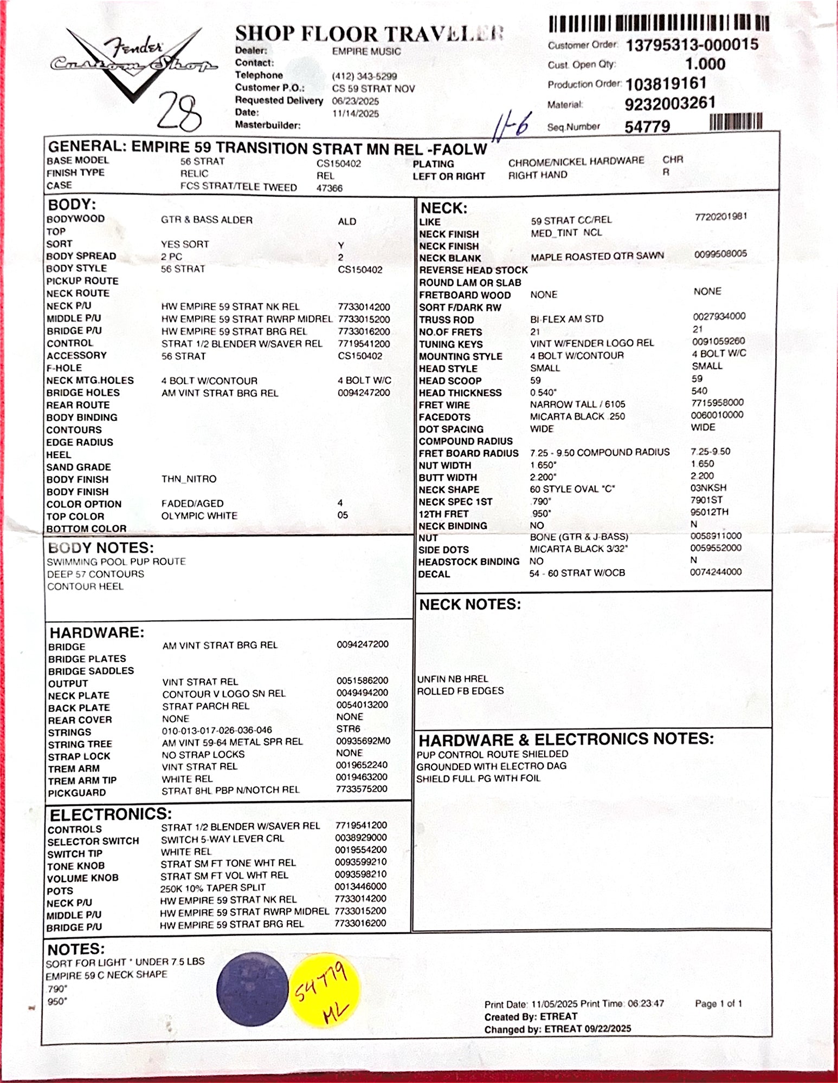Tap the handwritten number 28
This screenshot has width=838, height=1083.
point(179,112)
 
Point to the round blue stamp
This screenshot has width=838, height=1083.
point(253,989)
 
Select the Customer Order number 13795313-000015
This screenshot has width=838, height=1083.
point(692,45)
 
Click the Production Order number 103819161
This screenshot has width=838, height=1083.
point(666,84)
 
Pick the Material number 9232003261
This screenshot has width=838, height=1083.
point(670,103)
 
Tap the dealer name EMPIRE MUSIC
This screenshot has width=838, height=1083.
point(366,51)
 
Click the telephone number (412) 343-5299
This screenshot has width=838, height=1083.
point(364,76)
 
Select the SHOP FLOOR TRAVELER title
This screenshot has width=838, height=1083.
point(369,34)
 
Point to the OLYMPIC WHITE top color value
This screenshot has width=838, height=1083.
point(199,516)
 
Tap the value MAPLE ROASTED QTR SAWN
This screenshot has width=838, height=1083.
point(597,256)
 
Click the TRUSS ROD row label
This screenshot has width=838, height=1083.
point(446,320)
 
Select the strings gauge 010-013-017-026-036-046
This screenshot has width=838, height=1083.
point(217,730)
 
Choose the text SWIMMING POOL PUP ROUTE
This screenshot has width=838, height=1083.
point(116,562)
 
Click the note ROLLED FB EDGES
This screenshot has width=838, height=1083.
point(460,691)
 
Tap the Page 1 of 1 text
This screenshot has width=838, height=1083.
point(718,1003)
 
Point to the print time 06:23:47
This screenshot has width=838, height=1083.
point(646,1003)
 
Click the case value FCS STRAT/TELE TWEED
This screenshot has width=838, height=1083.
point(238,187)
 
